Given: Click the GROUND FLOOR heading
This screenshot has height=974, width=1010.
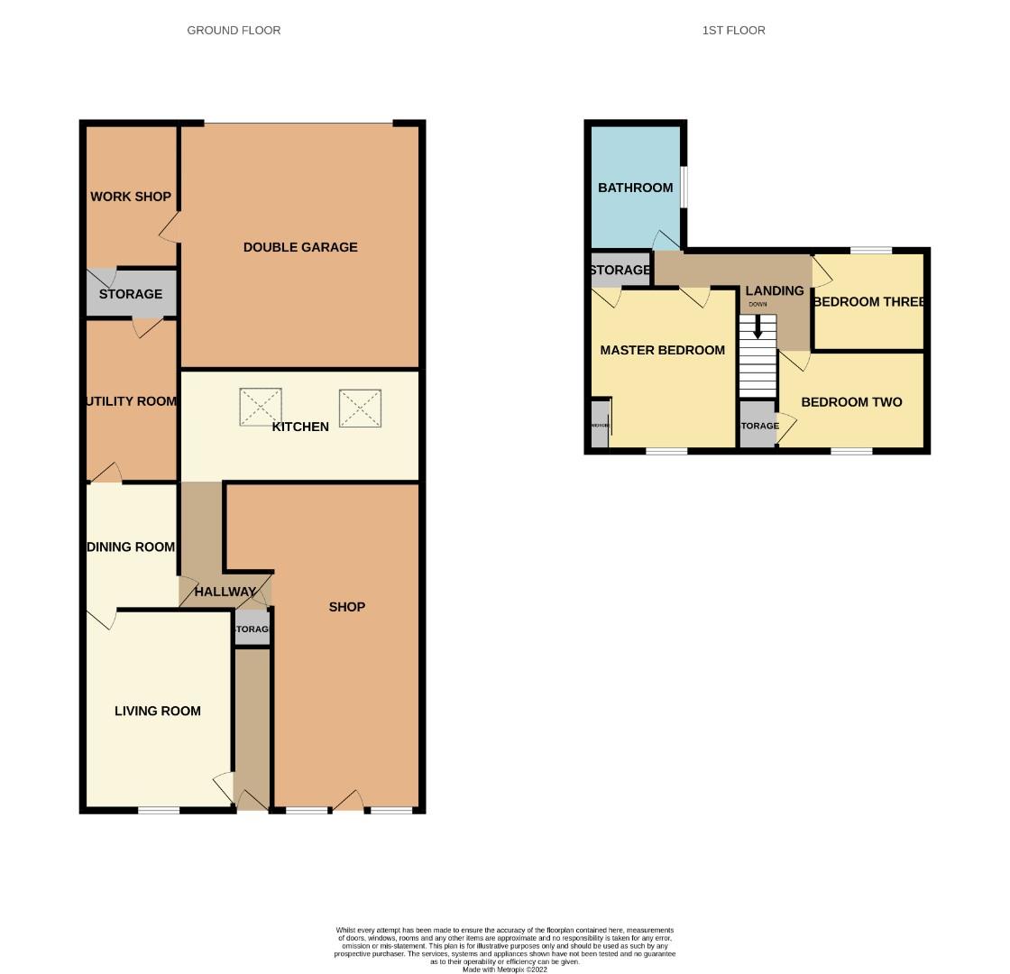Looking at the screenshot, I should click(234, 31).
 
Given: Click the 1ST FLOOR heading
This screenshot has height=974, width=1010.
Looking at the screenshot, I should click(733, 31).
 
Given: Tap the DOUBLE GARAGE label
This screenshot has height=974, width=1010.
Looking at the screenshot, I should click(300, 247).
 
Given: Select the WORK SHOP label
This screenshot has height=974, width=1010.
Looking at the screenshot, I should click(131, 197).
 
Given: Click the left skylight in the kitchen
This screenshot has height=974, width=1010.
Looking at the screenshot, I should click(261, 407).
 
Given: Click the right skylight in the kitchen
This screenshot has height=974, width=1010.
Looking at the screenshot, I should click(360, 408).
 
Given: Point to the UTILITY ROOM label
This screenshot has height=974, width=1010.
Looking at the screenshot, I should click(132, 401).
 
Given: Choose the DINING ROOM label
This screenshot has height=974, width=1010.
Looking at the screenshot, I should click(131, 547).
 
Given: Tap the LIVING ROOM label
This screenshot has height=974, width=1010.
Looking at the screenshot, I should click(158, 712).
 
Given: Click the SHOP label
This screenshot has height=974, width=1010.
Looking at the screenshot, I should click(346, 607).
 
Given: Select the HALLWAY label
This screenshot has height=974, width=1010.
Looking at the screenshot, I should click(225, 593).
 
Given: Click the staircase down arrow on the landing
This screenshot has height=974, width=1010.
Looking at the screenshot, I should click(757, 326).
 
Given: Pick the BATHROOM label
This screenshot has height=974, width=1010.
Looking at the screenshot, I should click(635, 188).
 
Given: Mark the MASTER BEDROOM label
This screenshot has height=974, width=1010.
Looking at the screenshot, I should click(662, 351).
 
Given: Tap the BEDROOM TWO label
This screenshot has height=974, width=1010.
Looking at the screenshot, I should click(851, 402).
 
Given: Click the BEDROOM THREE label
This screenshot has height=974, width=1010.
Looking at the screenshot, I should click(868, 302).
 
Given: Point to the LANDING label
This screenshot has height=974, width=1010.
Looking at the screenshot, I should click(774, 290).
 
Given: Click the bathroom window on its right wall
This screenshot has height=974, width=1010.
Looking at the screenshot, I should click(684, 187).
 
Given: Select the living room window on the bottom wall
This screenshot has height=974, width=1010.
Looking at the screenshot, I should click(159, 810).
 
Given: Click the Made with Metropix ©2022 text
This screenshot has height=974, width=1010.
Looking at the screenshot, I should click(504, 969).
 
